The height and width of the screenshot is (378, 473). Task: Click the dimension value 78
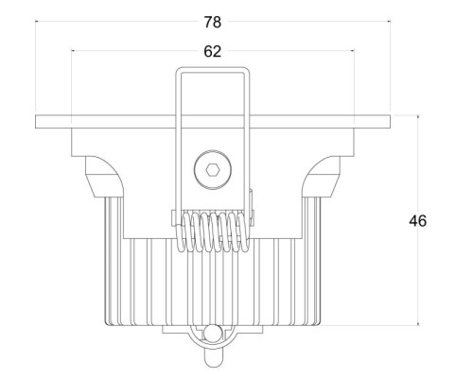point(213,23)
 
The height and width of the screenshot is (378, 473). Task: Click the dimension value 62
point(213,51)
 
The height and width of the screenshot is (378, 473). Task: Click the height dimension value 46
point(418,221)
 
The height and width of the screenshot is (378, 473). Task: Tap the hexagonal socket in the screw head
point(213,170)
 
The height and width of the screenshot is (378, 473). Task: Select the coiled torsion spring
point(213,232)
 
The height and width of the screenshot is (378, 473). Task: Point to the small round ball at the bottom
point(211,334)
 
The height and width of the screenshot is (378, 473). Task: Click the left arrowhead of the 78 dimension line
point(37,22)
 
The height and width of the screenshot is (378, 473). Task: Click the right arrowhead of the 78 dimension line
point(389,22)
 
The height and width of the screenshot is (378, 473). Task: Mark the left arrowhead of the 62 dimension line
point(73,50)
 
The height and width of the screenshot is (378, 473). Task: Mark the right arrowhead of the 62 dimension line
point(353,50)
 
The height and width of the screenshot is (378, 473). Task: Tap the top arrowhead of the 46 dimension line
point(418,117)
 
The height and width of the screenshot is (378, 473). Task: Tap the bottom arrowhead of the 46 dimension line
point(418,323)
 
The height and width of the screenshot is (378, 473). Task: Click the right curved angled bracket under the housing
point(322,177)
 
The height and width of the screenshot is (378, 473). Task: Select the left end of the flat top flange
point(36,122)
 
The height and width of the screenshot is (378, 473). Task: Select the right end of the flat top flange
point(390,122)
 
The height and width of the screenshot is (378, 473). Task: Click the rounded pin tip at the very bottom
point(213,364)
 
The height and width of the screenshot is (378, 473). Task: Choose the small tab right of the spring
point(252,207)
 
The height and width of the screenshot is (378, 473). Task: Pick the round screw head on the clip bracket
point(213,170)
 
